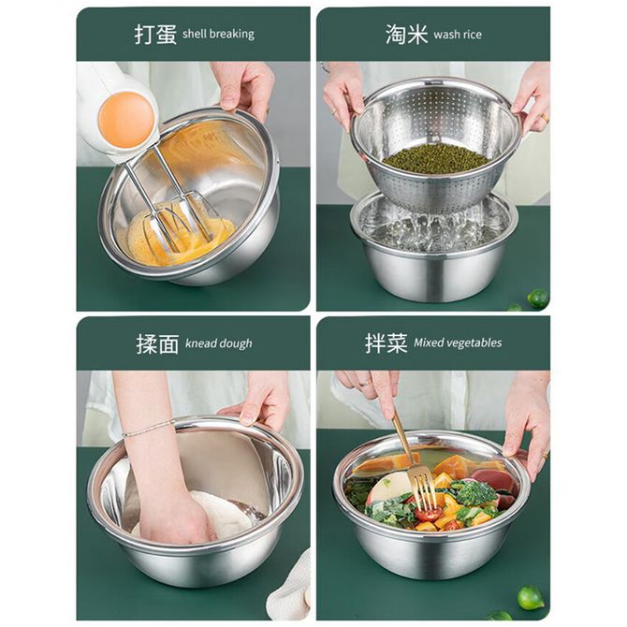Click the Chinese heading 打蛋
tap(155, 34)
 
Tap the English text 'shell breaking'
tap(218, 34)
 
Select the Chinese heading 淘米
tap(407, 34)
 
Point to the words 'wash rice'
tap(458, 35)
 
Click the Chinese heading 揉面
tap(157, 343)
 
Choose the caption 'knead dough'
tap(219, 343)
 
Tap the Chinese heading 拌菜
tap(386, 343)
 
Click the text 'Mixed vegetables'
tap(458, 343)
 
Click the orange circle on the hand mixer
tap(126, 120)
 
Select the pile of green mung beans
tap(435, 158)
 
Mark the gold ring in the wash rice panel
tap(545, 118)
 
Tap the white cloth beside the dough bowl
tap(290, 587)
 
